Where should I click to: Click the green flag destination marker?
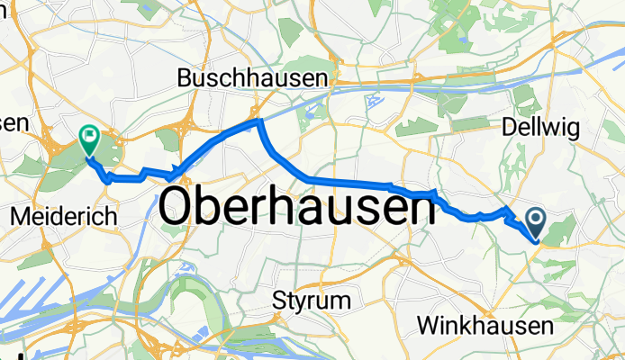point(89,139)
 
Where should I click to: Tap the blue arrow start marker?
point(535,220)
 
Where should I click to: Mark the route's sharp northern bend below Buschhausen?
point(258,120)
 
